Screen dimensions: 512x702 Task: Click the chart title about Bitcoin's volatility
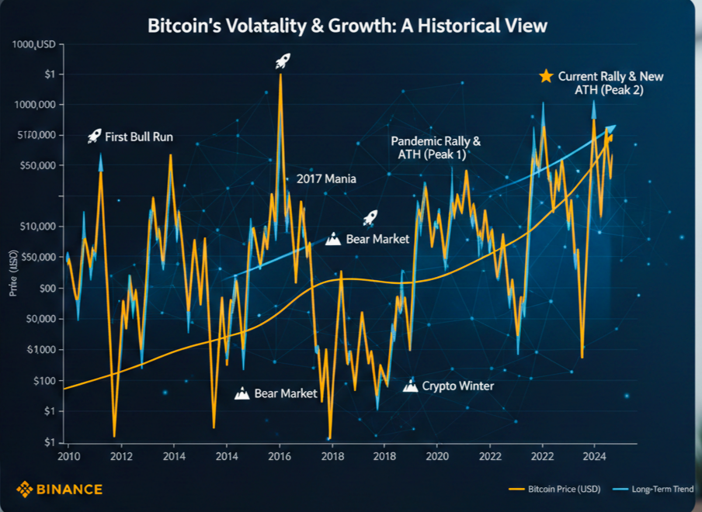click(x=348, y=26)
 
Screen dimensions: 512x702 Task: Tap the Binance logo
click(x=59, y=489)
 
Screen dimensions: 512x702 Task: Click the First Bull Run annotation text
click(x=140, y=137)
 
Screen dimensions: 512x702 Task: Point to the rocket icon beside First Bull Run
click(x=94, y=137)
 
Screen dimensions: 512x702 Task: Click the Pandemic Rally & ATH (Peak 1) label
click(x=436, y=148)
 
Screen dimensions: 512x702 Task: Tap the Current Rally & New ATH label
click(x=610, y=83)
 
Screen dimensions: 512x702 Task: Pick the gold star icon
click(x=546, y=76)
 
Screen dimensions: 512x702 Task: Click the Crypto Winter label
click(x=457, y=386)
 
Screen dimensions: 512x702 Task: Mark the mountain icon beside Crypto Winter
click(x=411, y=385)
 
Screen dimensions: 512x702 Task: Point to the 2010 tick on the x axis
click(x=68, y=456)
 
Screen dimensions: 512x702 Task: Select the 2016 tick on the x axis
click(x=280, y=456)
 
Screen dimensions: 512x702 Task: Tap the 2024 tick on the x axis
click(x=594, y=456)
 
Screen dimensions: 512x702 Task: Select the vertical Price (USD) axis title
click(x=13, y=275)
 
